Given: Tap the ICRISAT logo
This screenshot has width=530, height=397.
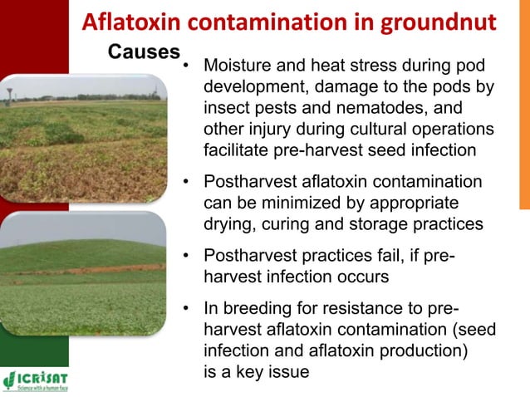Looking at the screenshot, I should tap(37, 379).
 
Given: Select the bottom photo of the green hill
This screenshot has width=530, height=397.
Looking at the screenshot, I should tap(83, 273).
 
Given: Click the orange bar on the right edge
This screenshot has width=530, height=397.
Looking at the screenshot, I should tap(524, 125).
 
